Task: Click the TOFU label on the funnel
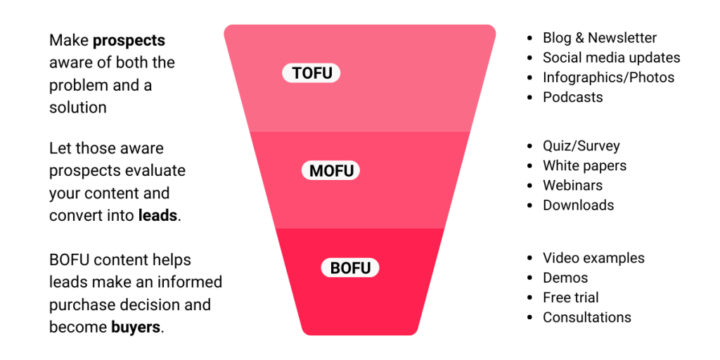311,73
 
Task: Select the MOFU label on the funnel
331,171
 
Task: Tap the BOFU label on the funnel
350,268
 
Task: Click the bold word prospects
129,40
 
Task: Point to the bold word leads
157,216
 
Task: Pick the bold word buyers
136,327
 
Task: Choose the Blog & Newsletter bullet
599,38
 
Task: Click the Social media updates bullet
611,58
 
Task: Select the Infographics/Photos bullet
608,77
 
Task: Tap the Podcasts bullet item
572,97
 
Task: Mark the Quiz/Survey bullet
581,146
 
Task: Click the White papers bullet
584,166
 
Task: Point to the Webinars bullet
572,186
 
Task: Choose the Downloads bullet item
578,205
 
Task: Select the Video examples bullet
593,258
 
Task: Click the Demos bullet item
565,278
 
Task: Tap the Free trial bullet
570,297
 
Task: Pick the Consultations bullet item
586,317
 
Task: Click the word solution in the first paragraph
78,108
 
